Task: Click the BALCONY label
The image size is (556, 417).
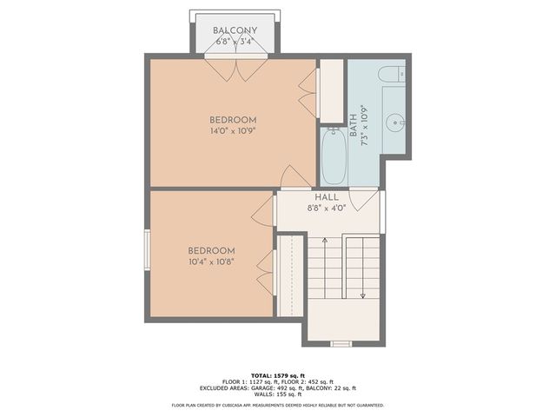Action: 235,30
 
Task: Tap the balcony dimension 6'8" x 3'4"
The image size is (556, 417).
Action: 235,41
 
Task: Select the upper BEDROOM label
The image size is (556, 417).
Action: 233,120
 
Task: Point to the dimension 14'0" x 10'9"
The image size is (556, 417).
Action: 233,131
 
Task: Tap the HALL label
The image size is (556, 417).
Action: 327,198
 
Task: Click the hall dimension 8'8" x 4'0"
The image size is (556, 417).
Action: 327,208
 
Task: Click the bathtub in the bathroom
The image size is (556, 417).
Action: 334,156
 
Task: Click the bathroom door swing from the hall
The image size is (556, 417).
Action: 368,198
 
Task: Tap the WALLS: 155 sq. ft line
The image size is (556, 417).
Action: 276,394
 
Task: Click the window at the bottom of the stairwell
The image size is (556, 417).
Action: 341,343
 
